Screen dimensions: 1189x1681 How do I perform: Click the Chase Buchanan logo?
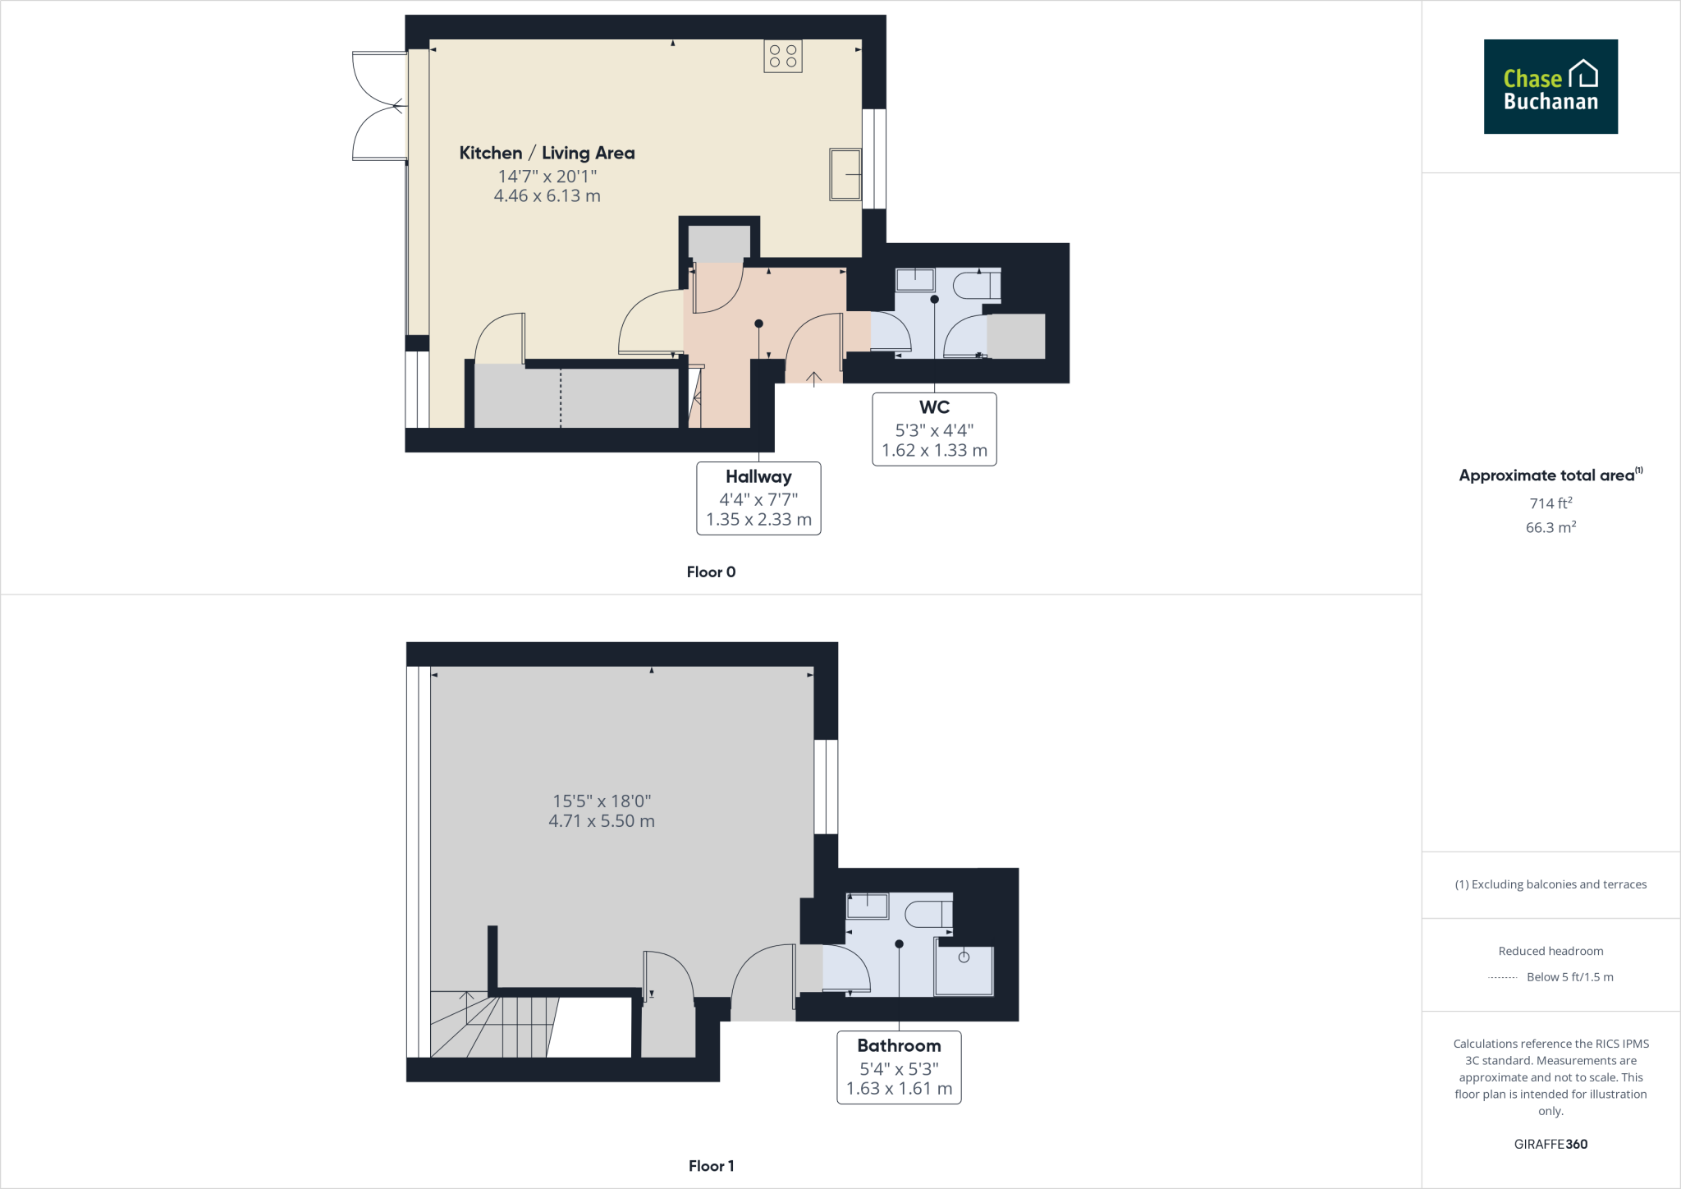pyautogui.click(x=1550, y=86)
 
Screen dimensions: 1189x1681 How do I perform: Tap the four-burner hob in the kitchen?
pyautogui.click(x=782, y=56)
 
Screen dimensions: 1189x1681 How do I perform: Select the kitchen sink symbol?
pyautogui.click(x=845, y=174)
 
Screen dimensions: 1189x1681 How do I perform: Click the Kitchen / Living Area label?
pyautogui.click(x=547, y=153)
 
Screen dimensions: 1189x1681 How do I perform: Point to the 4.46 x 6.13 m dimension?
pyautogui.click(x=547, y=196)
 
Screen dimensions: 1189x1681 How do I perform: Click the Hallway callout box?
pyautogui.click(x=758, y=498)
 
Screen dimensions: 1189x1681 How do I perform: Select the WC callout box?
pyautogui.click(x=934, y=429)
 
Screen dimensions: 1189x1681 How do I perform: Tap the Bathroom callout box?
pyautogui.click(x=899, y=1067)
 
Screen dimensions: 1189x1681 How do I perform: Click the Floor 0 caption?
pyautogui.click(x=711, y=572)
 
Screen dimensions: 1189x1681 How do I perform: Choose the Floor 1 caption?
pyautogui.click(x=711, y=1166)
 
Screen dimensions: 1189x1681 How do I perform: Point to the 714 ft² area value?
pyautogui.click(x=1550, y=503)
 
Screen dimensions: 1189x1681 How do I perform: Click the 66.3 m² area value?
pyautogui.click(x=1550, y=527)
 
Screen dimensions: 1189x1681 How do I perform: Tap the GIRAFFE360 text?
pyautogui.click(x=1550, y=1144)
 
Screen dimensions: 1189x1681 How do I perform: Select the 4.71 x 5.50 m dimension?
pyautogui.click(x=602, y=821)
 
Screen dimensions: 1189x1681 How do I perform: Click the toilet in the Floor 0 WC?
pyautogui.click(x=976, y=286)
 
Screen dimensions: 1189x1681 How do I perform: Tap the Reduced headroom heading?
pyautogui.click(x=1550, y=951)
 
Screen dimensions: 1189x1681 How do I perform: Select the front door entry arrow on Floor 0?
pyautogui.click(x=813, y=379)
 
